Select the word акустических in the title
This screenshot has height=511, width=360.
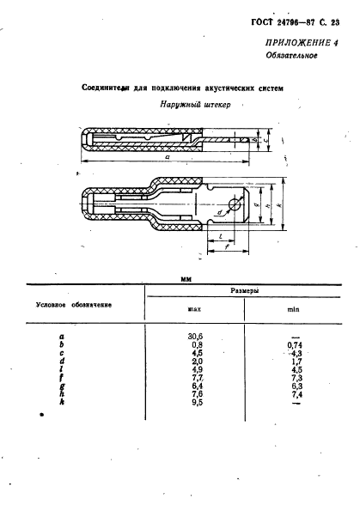(202, 88)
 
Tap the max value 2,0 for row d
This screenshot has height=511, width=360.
(195, 359)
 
